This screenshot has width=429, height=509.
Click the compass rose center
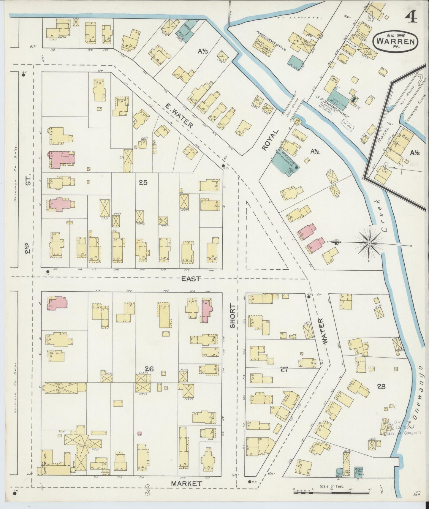click(369, 244)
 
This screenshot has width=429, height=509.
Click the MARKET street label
click(187, 484)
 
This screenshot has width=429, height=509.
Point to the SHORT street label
click(232, 316)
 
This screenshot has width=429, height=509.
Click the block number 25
click(143, 183)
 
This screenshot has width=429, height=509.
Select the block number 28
click(381, 386)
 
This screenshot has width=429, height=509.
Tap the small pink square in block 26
click(140, 434)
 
